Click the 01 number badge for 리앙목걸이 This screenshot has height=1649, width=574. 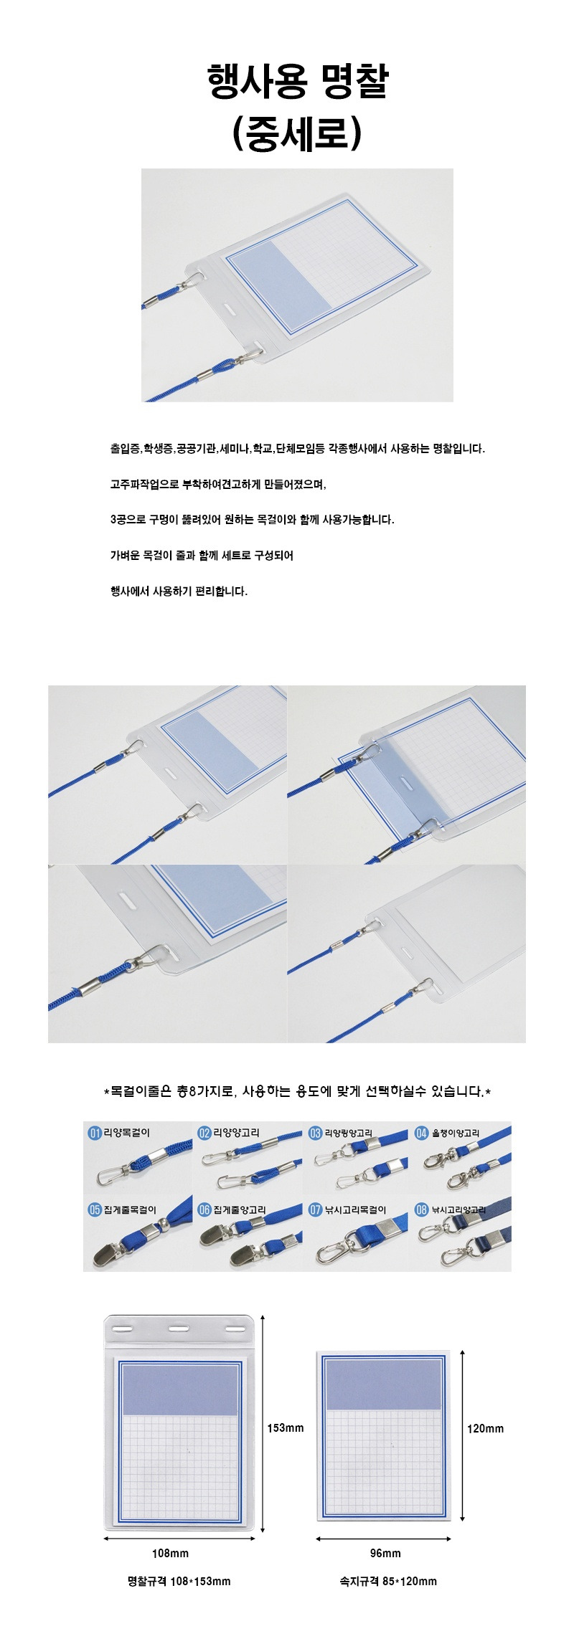click(95, 1133)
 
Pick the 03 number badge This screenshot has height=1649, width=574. click(315, 1133)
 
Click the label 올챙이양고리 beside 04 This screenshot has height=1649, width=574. click(455, 1133)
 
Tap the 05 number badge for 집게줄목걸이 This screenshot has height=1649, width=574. click(95, 1210)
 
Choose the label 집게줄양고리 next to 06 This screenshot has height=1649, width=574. click(240, 1210)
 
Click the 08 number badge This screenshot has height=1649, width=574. click(422, 1210)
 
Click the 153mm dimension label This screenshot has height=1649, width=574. click(286, 1427)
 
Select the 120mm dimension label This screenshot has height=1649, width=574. click(485, 1428)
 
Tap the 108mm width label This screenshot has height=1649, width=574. click(170, 1553)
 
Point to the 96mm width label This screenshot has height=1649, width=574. click(385, 1553)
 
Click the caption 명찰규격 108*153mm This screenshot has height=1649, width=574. click(179, 1581)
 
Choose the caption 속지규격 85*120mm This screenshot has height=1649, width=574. click(388, 1581)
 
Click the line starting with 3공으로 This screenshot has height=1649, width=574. click(252, 519)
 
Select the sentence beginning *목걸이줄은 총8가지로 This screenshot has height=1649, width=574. click(297, 1091)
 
